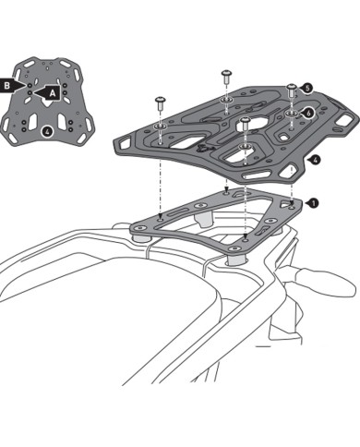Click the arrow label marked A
pos(52,92)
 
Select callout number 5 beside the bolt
pos(307,88)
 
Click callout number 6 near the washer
pos(307,112)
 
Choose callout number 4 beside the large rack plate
pos(316,159)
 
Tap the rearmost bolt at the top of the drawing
pos(224,73)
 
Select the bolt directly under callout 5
pos(293,90)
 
